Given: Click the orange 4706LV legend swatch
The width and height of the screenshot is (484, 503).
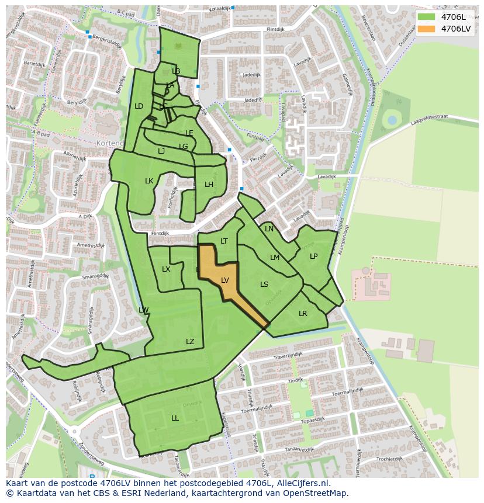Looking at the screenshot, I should click(x=427, y=29).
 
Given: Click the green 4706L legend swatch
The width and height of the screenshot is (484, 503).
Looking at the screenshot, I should click(x=427, y=16).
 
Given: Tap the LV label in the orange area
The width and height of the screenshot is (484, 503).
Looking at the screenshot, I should click(x=225, y=280).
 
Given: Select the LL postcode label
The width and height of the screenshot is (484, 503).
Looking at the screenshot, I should click(x=175, y=418).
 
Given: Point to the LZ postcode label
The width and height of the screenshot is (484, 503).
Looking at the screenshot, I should click(x=190, y=342).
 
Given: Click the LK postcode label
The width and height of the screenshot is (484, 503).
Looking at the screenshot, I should click(x=149, y=181).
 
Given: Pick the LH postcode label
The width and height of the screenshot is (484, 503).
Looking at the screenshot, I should click(x=209, y=185).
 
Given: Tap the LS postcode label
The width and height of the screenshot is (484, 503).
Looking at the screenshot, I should click(x=264, y=285).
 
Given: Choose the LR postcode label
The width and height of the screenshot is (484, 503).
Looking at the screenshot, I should click(x=303, y=314).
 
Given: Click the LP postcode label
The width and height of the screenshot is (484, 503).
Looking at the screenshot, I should click(x=314, y=256).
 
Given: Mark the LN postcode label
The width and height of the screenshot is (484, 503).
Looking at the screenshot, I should click(x=269, y=229).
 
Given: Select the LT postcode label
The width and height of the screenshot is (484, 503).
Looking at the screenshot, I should click(x=224, y=241).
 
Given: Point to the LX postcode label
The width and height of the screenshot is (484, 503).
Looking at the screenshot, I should click(x=166, y=269).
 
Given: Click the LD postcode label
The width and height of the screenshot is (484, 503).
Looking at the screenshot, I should click(x=139, y=106).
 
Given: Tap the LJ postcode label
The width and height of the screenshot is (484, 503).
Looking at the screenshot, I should click(x=161, y=151).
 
